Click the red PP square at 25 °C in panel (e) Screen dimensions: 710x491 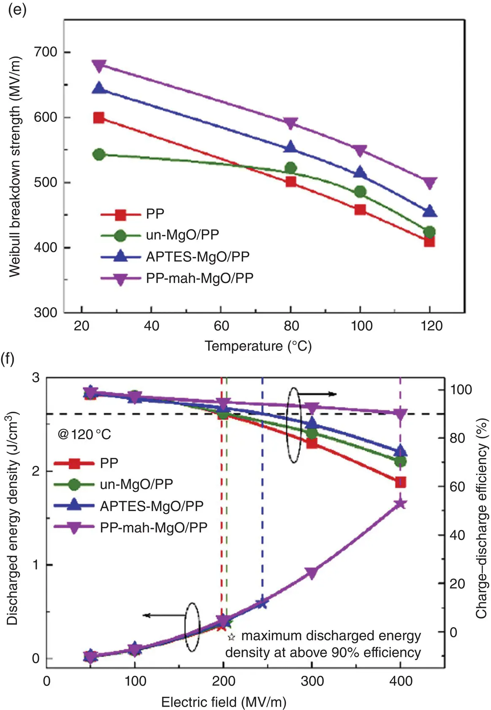pyautogui.click(x=99, y=118)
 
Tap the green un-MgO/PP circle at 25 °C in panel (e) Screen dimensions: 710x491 pyautogui.click(x=99, y=154)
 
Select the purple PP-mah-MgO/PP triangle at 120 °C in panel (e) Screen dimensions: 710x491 pyautogui.click(x=430, y=183)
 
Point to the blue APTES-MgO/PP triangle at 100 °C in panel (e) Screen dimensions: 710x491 pyautogui.click(x=360, y=173)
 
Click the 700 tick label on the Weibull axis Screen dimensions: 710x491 pyautogui.click(x=46, y=52)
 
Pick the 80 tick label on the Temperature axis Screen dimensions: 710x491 pyautogui.click(x=291, y=326)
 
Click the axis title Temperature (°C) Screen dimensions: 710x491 pyautogui.click(x=258, y=346)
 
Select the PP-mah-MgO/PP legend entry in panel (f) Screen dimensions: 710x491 pyautogui.click(x=154, y=527)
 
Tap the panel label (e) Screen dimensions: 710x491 pyautogui.click(x=17, y=9)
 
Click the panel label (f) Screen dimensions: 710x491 pyautogui.click(x=8, y=359)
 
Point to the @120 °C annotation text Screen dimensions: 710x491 pyautogui.click(x=84, y=434)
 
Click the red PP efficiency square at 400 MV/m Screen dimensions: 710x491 pyautogui.click(x=400, y=482)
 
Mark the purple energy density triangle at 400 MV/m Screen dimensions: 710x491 pyautogui.click(x=400, y=504)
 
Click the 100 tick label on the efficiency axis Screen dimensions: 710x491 pyautogui.click(x=461, y=389)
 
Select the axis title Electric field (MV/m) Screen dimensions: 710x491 pyautogui.click(x=224, y=702)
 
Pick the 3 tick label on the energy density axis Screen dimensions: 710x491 pyautogui.click(x=36, y=378)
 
